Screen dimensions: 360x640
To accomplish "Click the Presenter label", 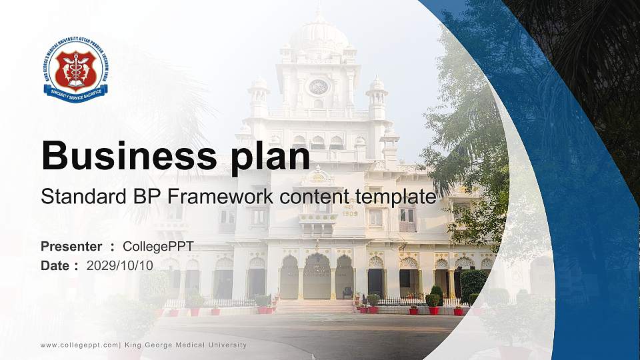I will (x=71, y=247).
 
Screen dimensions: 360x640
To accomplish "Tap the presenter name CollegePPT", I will (x=158, y=247).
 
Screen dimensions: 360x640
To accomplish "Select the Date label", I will (x=55, y=265).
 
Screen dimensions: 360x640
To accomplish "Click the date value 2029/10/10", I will (x=120, y=265).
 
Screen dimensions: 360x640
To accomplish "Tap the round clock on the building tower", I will (x=319, y=87).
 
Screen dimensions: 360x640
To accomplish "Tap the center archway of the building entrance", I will (x=317, y=277).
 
